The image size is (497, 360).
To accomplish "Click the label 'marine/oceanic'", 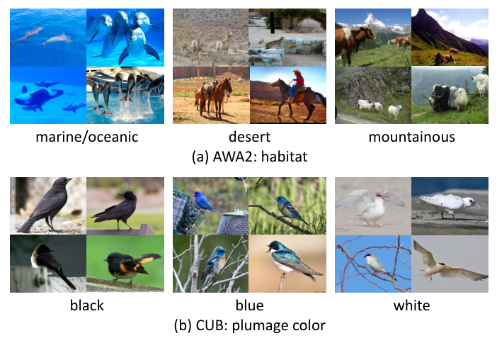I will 86,137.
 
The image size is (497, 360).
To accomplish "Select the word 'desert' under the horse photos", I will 248,137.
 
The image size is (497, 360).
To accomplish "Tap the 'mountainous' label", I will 411,137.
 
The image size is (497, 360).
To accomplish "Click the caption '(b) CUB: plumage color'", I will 248,325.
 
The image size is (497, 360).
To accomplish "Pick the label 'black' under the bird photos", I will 86,306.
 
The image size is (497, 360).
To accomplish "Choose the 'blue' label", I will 248,306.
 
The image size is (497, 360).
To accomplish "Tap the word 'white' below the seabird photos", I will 411,306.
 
